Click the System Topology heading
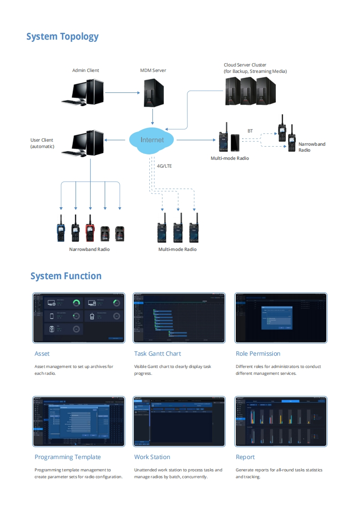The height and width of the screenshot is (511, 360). (x=62, y=36)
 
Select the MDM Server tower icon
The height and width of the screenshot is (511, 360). (x=152, y=92)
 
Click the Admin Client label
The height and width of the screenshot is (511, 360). (x=86, y=71)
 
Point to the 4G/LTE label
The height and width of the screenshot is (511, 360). (x=164, y=166)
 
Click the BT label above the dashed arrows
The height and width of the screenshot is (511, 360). (x=250, y=131)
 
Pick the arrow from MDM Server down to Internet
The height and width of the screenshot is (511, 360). (x=152, y=117)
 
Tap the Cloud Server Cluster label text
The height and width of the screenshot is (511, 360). (x=255, y=68)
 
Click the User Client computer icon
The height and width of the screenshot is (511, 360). (x=87, y=143)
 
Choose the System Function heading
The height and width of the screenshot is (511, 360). (x=66, y=276)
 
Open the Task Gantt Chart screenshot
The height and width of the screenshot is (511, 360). (x=179, y=318)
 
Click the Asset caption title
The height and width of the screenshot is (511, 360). (x=42, y=353)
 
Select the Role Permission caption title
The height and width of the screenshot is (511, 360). (x=258, y=353)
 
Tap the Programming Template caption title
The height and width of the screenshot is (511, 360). (x=68, y=457)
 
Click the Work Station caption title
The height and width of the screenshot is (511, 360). (x=152, y=457)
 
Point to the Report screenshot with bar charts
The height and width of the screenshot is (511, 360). (x=280, y=421)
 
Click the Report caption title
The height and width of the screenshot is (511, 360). (x=245, y=457)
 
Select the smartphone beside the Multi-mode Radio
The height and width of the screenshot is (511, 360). (x=235, y=143)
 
